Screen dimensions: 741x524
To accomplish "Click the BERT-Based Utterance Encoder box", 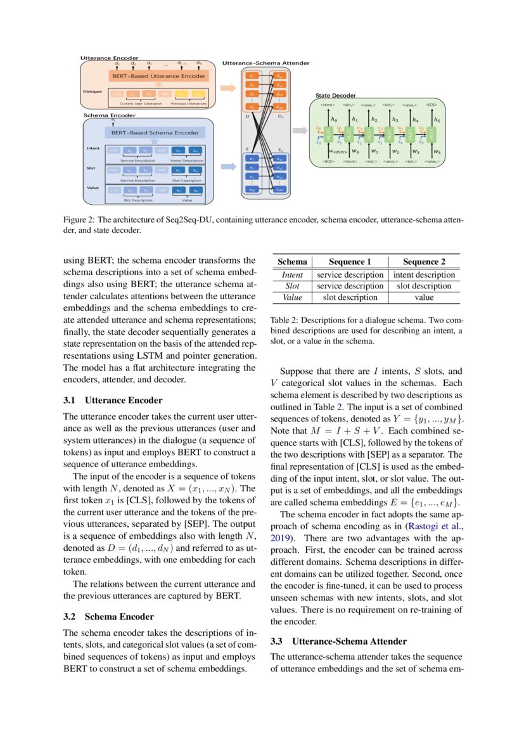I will [158, 76].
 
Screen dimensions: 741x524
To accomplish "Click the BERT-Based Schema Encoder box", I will [155, 133].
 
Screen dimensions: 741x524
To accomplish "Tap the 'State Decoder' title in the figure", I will [335, 95].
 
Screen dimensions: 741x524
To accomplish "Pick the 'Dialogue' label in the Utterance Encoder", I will [92, 91].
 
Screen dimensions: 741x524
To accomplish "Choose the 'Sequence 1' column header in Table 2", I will [350, 262].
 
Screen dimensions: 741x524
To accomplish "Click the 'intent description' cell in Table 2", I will [424, 275].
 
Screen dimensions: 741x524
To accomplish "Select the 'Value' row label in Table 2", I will [292, 297].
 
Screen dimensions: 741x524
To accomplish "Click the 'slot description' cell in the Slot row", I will [424, 286].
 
